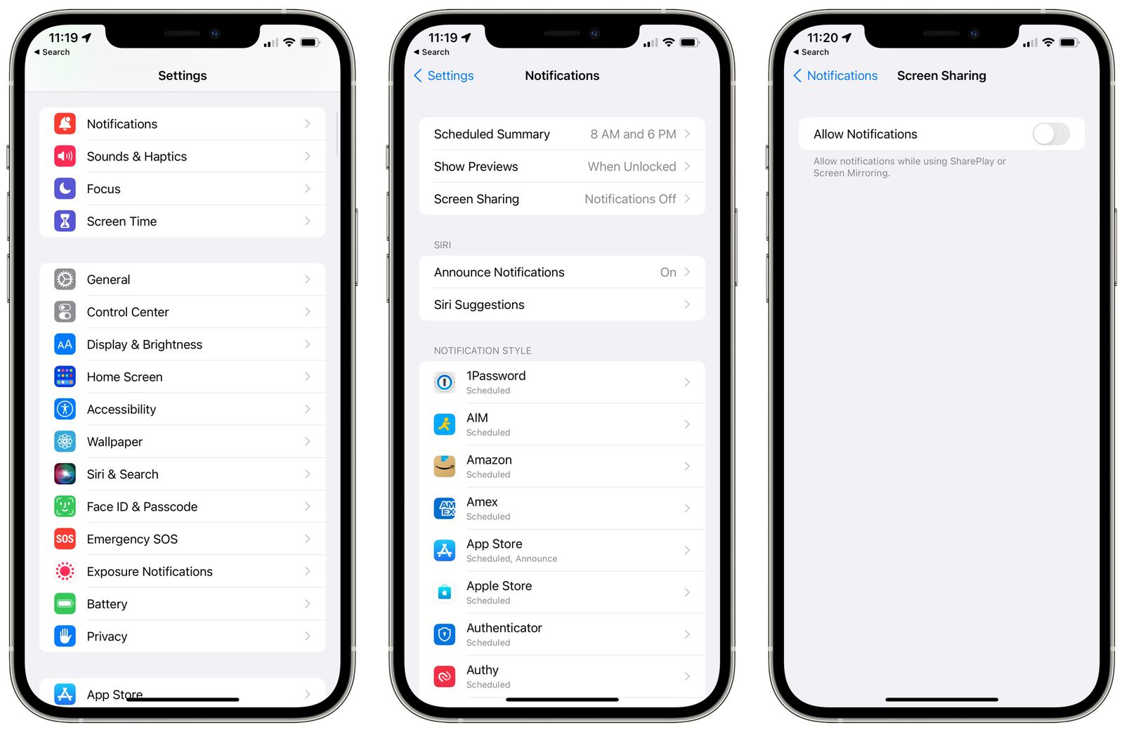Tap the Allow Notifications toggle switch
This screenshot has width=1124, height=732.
tap(1050, 134)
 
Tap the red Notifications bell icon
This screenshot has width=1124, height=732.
tap(65, 124)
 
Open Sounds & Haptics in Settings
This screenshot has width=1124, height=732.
tap(136, 157)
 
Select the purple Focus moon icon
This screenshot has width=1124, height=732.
tap(65, 189)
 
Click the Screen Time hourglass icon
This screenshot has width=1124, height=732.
tap(65, 221)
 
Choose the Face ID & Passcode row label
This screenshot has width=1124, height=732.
tap(142, 506)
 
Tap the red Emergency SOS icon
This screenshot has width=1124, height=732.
tap(65, 539)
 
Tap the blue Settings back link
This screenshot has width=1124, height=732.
tap(444, 76)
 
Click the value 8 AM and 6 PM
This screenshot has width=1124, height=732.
tap(633, 134)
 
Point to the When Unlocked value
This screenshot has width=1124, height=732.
tap(632, 166)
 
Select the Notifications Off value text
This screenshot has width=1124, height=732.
tap(630, 200)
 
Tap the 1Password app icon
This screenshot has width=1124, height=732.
tap(445, 382)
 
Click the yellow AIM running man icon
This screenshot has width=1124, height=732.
tap(445, 424)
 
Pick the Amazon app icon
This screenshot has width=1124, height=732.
tap(445, 466)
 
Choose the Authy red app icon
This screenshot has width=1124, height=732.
tap(445, 677)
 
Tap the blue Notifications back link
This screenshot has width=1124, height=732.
tap(835, 76)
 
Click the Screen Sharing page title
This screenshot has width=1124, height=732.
tap(941, 76)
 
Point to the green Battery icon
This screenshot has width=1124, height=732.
tap(65, 604)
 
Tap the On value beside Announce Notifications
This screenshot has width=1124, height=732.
tap(668, 273)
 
